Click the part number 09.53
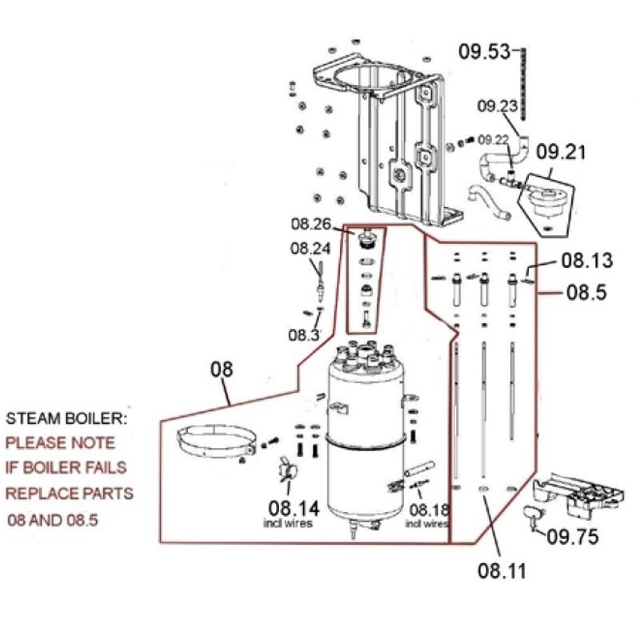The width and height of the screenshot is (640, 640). pyautogui.click(x=485, y=52)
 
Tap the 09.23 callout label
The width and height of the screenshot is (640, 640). pyautogui.click(x=497, y=106)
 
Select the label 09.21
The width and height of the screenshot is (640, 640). pyautogui.click(x=561, y=152)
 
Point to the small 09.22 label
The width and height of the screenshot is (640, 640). pyautogui.click(x=493, y=140)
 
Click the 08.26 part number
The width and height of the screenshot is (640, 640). pyautogui.click(x=310, y=224)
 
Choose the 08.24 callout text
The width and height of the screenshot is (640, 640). pyautogui.click(x=310, y=248)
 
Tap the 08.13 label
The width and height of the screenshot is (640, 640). pyautogui.click(x=587, y=261)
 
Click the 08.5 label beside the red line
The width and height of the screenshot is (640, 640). pyautogui.click(x=586, y=292)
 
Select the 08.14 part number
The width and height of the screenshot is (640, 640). pyautogui.click(x=294, y=508)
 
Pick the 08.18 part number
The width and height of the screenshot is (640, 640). pyautogui.click(x=429, y=510)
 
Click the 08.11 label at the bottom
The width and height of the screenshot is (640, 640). pyautogui.click(x=502, y=570)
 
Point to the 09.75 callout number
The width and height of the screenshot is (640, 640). pyautogui.click(x=572, y=537)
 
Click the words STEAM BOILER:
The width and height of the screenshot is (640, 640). pyautogui.click(x=66, y=418)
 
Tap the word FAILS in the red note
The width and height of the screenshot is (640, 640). pyautogui.click(x=105, y=467)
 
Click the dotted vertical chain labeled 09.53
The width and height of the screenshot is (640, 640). pyautogui.click(x=523, y=84)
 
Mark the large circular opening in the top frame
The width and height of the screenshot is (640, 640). pyautogui.click(x=367, y=78)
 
